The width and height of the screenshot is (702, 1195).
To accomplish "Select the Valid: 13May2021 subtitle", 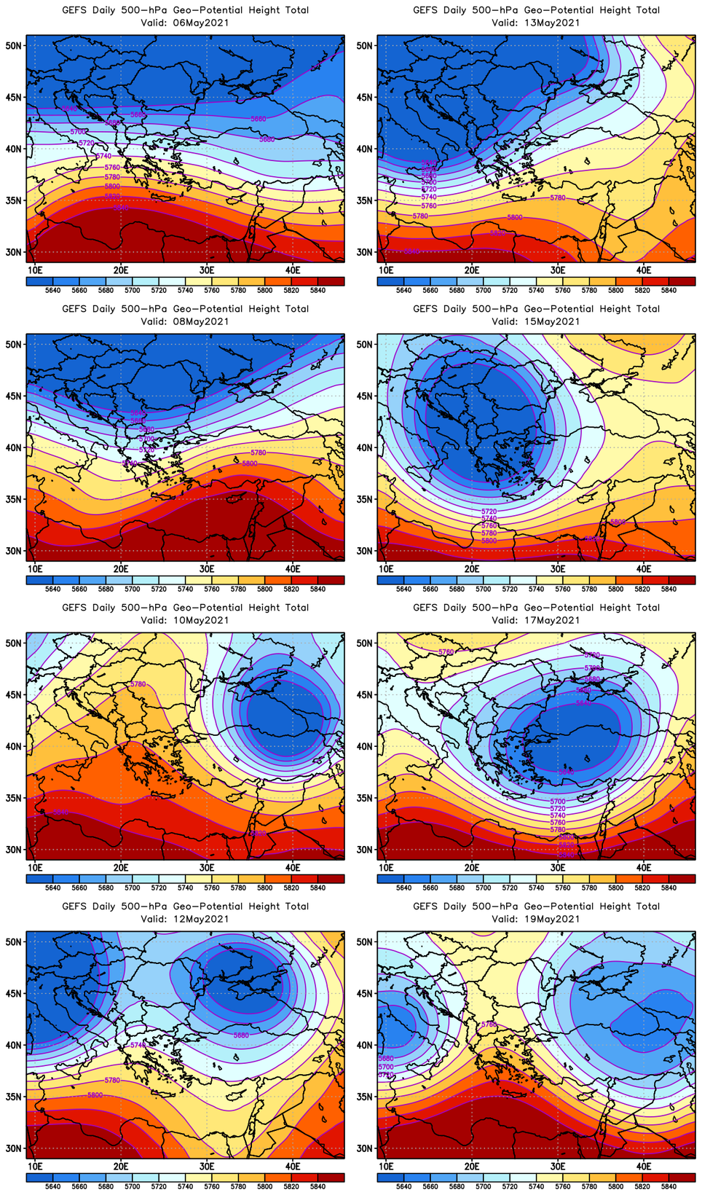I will [x=535, y=23].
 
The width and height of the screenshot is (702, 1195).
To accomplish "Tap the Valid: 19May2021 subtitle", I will [x=535, y=919].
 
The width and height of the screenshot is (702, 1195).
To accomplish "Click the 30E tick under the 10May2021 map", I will [x=207, y=868].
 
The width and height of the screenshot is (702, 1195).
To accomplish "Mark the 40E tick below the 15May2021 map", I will [x=644, y=569].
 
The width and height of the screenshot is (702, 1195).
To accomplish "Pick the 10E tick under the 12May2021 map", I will [x=35, y=1167].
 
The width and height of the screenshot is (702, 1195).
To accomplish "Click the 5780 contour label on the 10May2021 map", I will [x=138, y=684].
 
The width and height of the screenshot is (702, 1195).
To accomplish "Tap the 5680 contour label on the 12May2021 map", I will [x=241, y=1035].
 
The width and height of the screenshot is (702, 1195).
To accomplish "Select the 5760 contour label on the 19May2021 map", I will [x=489, y=1024].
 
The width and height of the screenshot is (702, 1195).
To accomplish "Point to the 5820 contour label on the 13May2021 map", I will [x=497, y=233].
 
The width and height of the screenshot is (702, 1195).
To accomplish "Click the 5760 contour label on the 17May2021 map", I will [x=558, y=823].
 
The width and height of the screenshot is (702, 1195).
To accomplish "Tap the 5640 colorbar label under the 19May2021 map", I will [x=403, y=1186].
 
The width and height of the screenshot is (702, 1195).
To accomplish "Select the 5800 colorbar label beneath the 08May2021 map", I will [x=264, y=589].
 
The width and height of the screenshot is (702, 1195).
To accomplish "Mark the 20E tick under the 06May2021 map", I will [x=121, y=270].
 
